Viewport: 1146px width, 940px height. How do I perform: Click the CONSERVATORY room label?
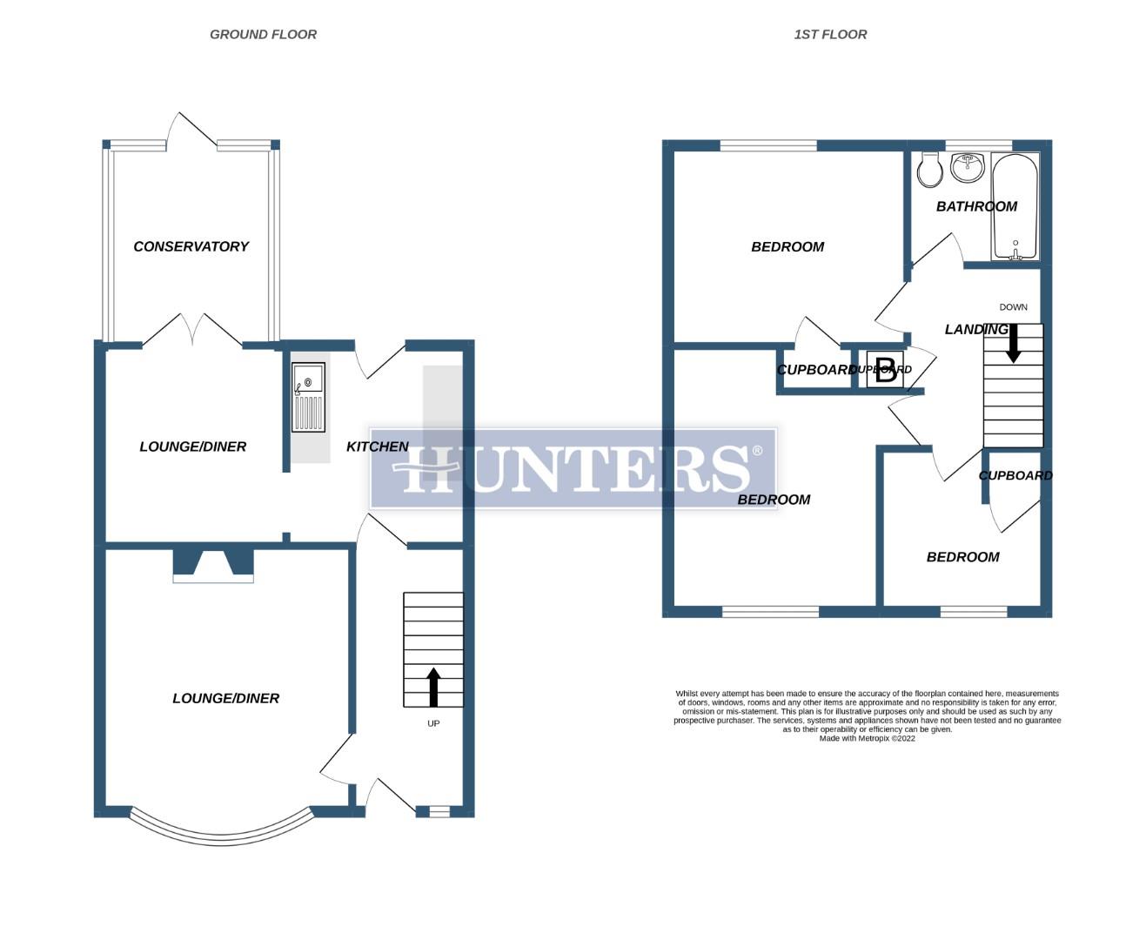tap(191, 246)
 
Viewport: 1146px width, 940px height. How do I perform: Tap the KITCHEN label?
tap(377, 446)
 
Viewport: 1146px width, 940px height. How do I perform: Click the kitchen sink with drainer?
tap(308, 398)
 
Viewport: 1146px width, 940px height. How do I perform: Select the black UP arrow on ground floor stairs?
tap(432, 687)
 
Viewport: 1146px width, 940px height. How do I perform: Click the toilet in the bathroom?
tap(929, 171)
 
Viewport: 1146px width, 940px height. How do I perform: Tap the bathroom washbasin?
tap(967, 166)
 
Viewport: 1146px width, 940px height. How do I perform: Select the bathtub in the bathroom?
tap(1015, 206)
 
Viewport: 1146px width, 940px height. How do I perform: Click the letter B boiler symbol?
tap(885, 371)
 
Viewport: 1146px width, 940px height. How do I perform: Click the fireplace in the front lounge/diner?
tap(213, 565)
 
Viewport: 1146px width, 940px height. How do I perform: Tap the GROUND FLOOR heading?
tap(263, 35)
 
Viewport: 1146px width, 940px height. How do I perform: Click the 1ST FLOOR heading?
tap(830, 35)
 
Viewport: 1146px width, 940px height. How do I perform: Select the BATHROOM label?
tap(975, 206)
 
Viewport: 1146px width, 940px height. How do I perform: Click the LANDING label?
tap(975, 329)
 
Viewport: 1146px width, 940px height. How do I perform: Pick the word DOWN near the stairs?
tap(1013, 307)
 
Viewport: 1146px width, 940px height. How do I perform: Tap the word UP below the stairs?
tap(433, 723)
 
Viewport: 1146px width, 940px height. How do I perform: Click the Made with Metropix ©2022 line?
tap(867, 738)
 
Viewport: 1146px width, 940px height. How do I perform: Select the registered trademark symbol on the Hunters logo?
tap(757, 451)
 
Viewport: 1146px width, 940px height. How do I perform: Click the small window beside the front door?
tap(439, 811)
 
